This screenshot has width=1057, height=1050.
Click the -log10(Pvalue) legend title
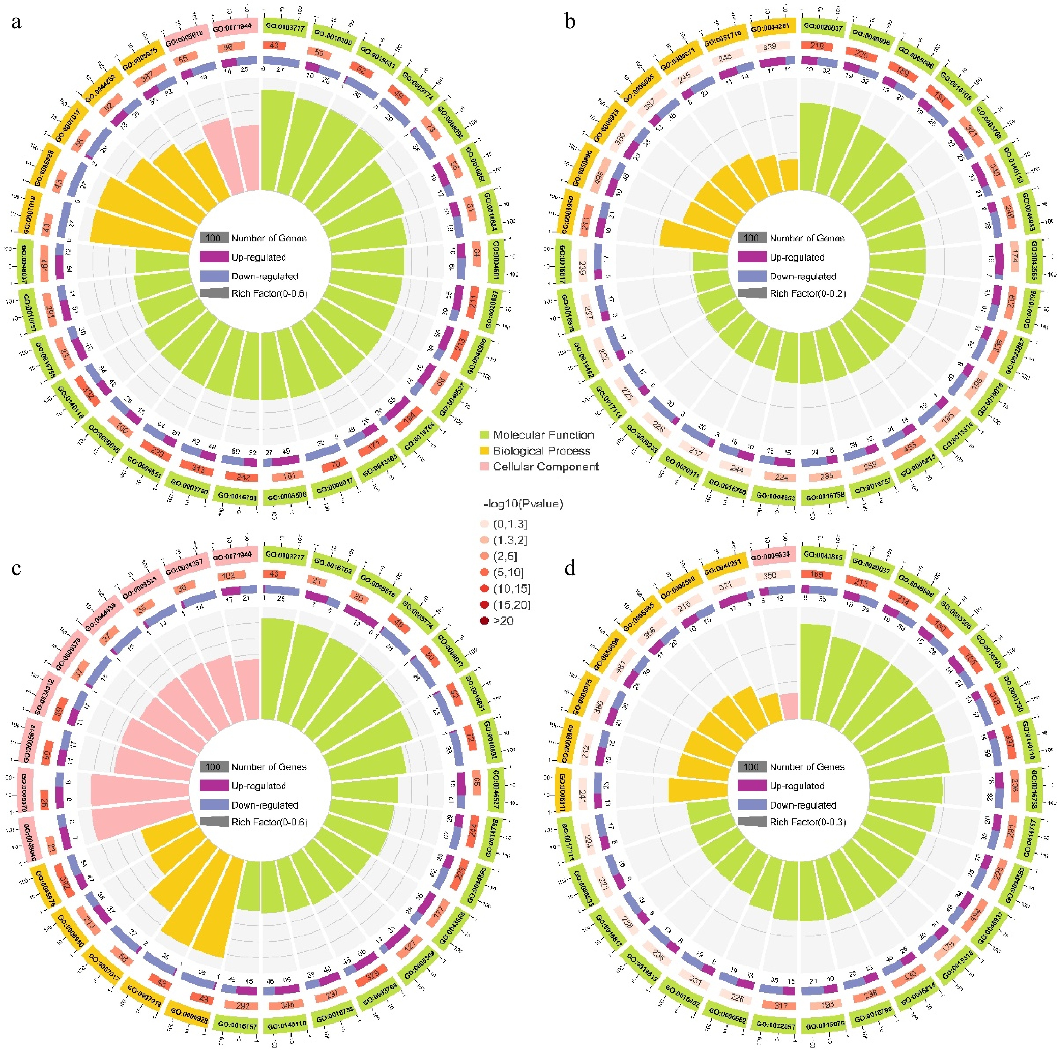pyautogui.click(x=523, y=503)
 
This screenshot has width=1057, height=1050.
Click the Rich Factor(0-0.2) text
pyautogui.click(x=808, y=294)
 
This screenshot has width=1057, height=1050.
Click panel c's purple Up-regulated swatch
pyautogui.click(x=213, y=786)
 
